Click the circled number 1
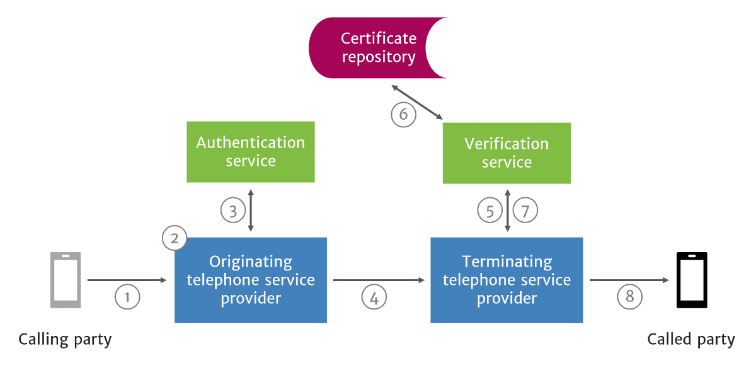coord(127,296)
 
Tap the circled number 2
coord(175,238)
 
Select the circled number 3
coord(232,211)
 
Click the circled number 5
coord(490,211)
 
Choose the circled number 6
coord(403,115)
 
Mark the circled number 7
coord(525,211)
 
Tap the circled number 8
coord(630,296)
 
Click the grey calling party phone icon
coord(66,280)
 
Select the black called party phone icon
coord(692,280)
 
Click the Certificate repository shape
coord(372,48)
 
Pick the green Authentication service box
coord(251,152)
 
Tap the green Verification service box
coord(507,153)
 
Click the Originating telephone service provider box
coord(251,280)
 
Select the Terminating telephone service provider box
coord(507,280)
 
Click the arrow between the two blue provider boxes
coord(378,280)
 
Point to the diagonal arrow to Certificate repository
coord(416,102)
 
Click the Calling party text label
coord(65,340)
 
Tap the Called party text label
coord(691,340)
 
